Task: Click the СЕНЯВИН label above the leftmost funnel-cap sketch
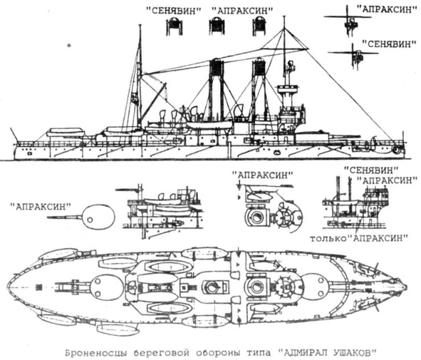point(173,11)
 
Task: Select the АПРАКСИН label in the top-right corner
point(385,10)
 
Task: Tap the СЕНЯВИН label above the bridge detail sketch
point(371,170)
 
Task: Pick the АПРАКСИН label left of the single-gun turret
point(41,207)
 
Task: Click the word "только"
point(328,238)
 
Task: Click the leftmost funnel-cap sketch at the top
point(175,26)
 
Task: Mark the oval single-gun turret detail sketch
point(98,217)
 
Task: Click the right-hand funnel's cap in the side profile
point(259,66)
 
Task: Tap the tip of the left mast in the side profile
point(140,25)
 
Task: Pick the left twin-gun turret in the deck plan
point(101,287)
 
